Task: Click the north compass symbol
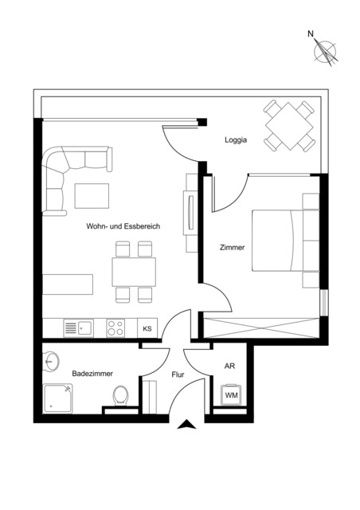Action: (x=325, y=50)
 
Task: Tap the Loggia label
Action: (x=236, y=141)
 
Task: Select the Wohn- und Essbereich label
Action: (x=123, y=226)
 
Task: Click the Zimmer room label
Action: (x=232, y=247)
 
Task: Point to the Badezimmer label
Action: (x=92, y=373)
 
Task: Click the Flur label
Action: (x=178, y=373)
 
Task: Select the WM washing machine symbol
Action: (x=231, y=395)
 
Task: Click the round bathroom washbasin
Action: (x=52, y=361)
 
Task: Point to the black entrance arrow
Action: (x=186, y=426)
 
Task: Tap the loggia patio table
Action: (x=289, y=125)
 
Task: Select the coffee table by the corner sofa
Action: (x=92, y=196)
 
